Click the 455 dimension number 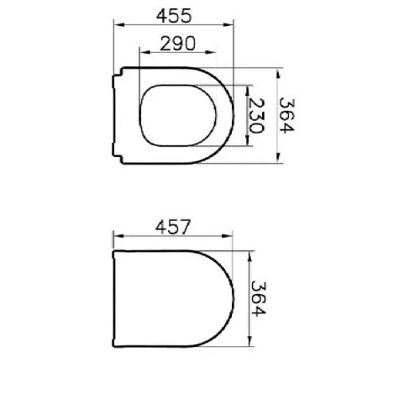(174, 16)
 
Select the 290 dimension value (178, 44)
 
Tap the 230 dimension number (256, 116)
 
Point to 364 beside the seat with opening (286, 115)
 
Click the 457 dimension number (173, 227)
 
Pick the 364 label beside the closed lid (258, 299)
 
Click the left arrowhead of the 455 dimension (118, 25)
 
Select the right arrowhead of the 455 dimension (228, 25)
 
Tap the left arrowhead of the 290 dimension (144, 52)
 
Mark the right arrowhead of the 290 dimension (211, 52)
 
